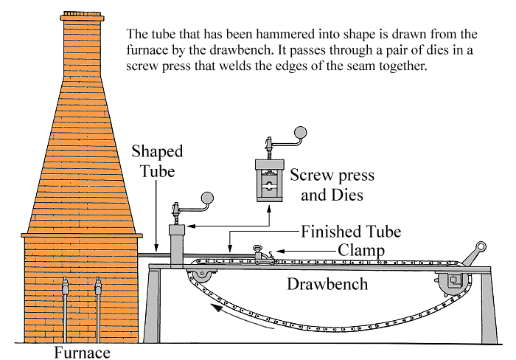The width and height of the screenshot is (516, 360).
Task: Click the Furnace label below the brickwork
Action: (x=82, y=353)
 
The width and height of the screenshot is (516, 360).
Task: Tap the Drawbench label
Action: (x=327, y=284)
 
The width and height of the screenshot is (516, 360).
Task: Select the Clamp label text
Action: (x=361, y=250)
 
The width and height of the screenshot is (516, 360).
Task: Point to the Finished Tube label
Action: (x=351, y=232)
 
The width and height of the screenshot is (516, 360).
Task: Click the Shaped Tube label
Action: (x=157, y=162)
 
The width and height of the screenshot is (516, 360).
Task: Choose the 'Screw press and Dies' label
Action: (x=332, y=184)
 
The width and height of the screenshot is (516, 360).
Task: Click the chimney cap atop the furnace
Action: (x=83, y=16)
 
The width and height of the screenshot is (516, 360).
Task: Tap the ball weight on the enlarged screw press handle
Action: (x=300, y=133)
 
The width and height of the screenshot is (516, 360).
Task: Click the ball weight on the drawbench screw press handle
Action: (x=207, y=198)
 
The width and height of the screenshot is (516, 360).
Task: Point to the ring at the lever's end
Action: (x=481, y=246)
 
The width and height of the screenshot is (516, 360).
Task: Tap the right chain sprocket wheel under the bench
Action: (x=453, y=282)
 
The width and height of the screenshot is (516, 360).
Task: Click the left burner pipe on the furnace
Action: (x=65, y=309)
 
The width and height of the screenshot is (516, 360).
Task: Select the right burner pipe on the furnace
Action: (x=98, y=309)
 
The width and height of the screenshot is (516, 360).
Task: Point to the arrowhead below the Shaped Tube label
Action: (x=156, y=249)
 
